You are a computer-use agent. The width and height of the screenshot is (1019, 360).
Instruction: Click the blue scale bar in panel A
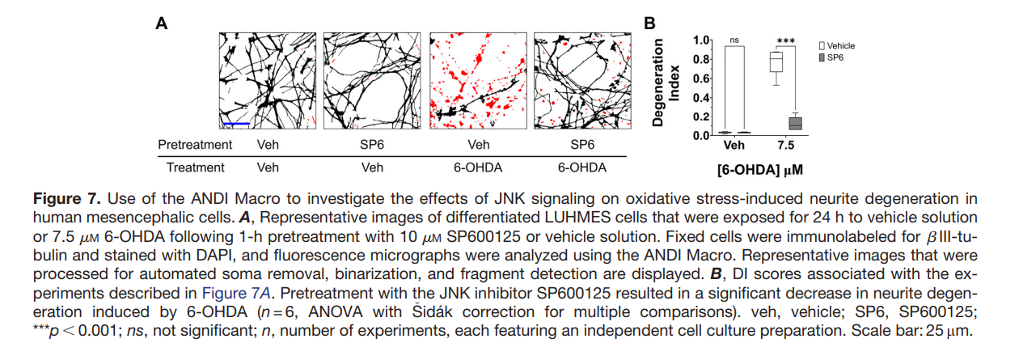pyautogui.click(x=236, y=123)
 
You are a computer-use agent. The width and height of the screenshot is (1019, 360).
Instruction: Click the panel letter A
pyautogui.click(x=162, y=23)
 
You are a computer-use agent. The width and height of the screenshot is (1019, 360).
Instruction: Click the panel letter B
pyautogui.click(x=649, y=23)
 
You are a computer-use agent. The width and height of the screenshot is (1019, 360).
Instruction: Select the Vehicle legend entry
pyautogui.click(x=837, y=46)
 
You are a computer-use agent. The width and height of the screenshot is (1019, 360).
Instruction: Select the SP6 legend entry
pyautogui.click(x=831, y=57)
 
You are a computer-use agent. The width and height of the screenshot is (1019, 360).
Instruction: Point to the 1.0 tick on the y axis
pyautogui.click(x=701, y=40)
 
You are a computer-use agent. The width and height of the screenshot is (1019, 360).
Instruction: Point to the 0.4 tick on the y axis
pyautogui.click(x=701, y=97)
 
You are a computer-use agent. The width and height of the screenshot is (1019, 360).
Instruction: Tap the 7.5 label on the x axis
pyautogui.click(x=785, y=145)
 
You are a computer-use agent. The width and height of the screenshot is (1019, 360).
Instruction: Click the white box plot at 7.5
pyautogui.click(x=776, y=62)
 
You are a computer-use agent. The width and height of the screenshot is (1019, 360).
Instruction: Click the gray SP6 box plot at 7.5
pyautogui.click(x=795, y=123)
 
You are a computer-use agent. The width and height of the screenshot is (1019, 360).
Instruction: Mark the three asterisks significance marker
pyautogui.click(x=785, y=41)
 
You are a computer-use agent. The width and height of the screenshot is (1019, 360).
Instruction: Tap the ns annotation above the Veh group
pyautogui.click(x=734, y=40)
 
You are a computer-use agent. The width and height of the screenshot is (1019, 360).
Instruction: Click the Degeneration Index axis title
pyautogui.click(x=666, y=83)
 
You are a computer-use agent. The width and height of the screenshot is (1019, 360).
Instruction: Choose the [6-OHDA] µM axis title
pyautogui.click(x=759, y=170)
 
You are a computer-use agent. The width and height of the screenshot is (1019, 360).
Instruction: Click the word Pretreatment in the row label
pyautogui.click(x=195, y=145)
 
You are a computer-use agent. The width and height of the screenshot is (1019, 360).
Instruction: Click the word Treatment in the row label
pyautogui.click(x=195, y=167)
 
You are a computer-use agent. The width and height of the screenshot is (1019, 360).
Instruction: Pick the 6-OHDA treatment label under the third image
pyautogui.click(x=478, y=167)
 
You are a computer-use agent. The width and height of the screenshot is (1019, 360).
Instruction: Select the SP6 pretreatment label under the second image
pyautogui.click(x=372, y=145)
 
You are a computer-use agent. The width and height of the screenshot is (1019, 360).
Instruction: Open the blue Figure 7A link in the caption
pyautogui.click(x=236, y=293)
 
